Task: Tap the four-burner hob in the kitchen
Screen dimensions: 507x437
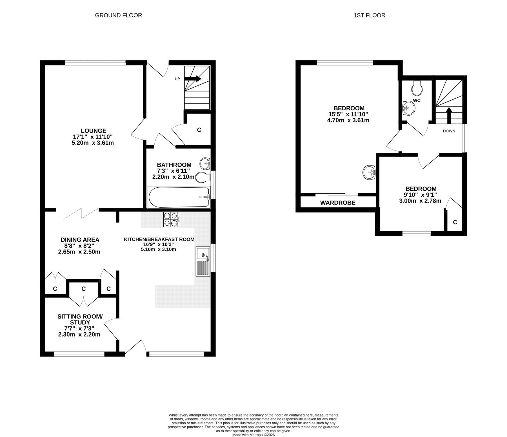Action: [172, 219]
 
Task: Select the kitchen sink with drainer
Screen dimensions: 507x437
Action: [203, 262]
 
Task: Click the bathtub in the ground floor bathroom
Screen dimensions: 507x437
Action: [179, 197]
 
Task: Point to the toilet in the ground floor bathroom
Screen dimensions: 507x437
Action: [203, 177]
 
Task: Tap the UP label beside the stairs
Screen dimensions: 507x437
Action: [177, 79]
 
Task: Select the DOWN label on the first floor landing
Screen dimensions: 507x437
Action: [449, 131]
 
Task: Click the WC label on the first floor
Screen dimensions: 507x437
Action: [417, 100]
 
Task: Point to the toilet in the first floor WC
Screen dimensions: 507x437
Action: [417, 88]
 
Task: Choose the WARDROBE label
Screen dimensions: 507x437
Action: [338, 203]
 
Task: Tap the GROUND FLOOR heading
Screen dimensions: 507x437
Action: [118, 15]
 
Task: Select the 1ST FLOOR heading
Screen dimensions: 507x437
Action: [369, 15]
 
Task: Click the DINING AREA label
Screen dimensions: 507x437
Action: [80, 240]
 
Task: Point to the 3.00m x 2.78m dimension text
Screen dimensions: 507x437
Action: [420, 201]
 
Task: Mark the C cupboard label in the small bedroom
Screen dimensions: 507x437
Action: [455, 222]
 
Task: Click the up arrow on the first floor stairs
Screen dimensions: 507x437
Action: [449, 116]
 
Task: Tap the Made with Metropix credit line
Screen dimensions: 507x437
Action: [253, 435]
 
